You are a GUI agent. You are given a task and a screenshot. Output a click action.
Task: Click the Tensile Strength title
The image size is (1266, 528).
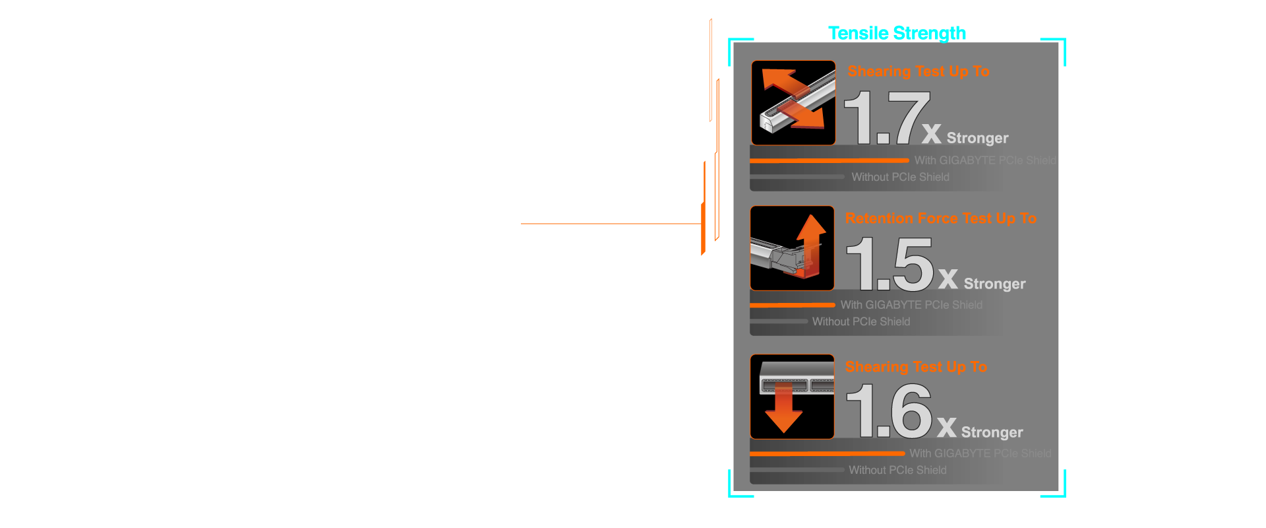point(897,33)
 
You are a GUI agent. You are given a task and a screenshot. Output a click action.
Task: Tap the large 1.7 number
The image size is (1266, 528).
point(887,118)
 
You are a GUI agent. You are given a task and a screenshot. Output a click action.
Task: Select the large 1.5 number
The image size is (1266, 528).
point(890,264)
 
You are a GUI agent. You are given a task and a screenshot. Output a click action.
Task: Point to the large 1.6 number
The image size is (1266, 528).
point(888,412)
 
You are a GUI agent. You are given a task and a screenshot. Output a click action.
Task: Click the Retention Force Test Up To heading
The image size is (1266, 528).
point(940,218)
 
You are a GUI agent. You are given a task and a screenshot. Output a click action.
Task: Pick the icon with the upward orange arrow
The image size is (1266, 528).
point(792,248)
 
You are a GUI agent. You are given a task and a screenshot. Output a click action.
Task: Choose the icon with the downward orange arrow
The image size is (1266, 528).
point(792,397)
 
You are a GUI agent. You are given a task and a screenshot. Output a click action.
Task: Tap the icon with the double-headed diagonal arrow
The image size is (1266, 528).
point(793,103)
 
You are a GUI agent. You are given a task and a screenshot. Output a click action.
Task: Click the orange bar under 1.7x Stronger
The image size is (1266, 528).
point(829,160)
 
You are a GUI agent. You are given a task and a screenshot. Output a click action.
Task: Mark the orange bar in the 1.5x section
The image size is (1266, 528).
point(792,305)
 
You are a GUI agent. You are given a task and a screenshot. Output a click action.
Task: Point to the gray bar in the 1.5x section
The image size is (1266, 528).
point(778,321)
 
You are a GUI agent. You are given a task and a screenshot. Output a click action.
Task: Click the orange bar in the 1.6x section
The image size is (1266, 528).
point(827,453)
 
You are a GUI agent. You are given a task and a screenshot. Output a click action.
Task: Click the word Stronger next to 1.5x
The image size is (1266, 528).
point(994,284)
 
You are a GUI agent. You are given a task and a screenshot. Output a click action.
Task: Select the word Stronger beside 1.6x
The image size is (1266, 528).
point(992,432)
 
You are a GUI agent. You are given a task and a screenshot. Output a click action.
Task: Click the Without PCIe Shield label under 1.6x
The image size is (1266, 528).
point(897,470)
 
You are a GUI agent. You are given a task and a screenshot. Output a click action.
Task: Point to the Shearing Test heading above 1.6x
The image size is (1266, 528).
point(916,367)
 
